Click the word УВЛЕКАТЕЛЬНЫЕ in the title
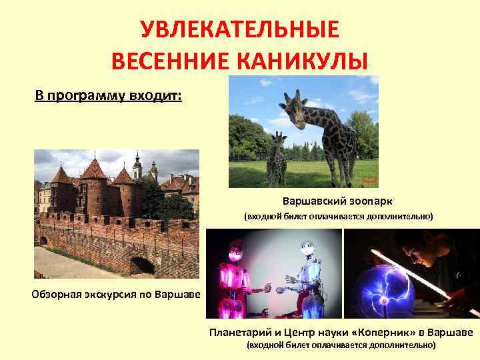pyautogui.click(x=239, y=30)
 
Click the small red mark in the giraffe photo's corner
pyautogui.click(x=369, y=179)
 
